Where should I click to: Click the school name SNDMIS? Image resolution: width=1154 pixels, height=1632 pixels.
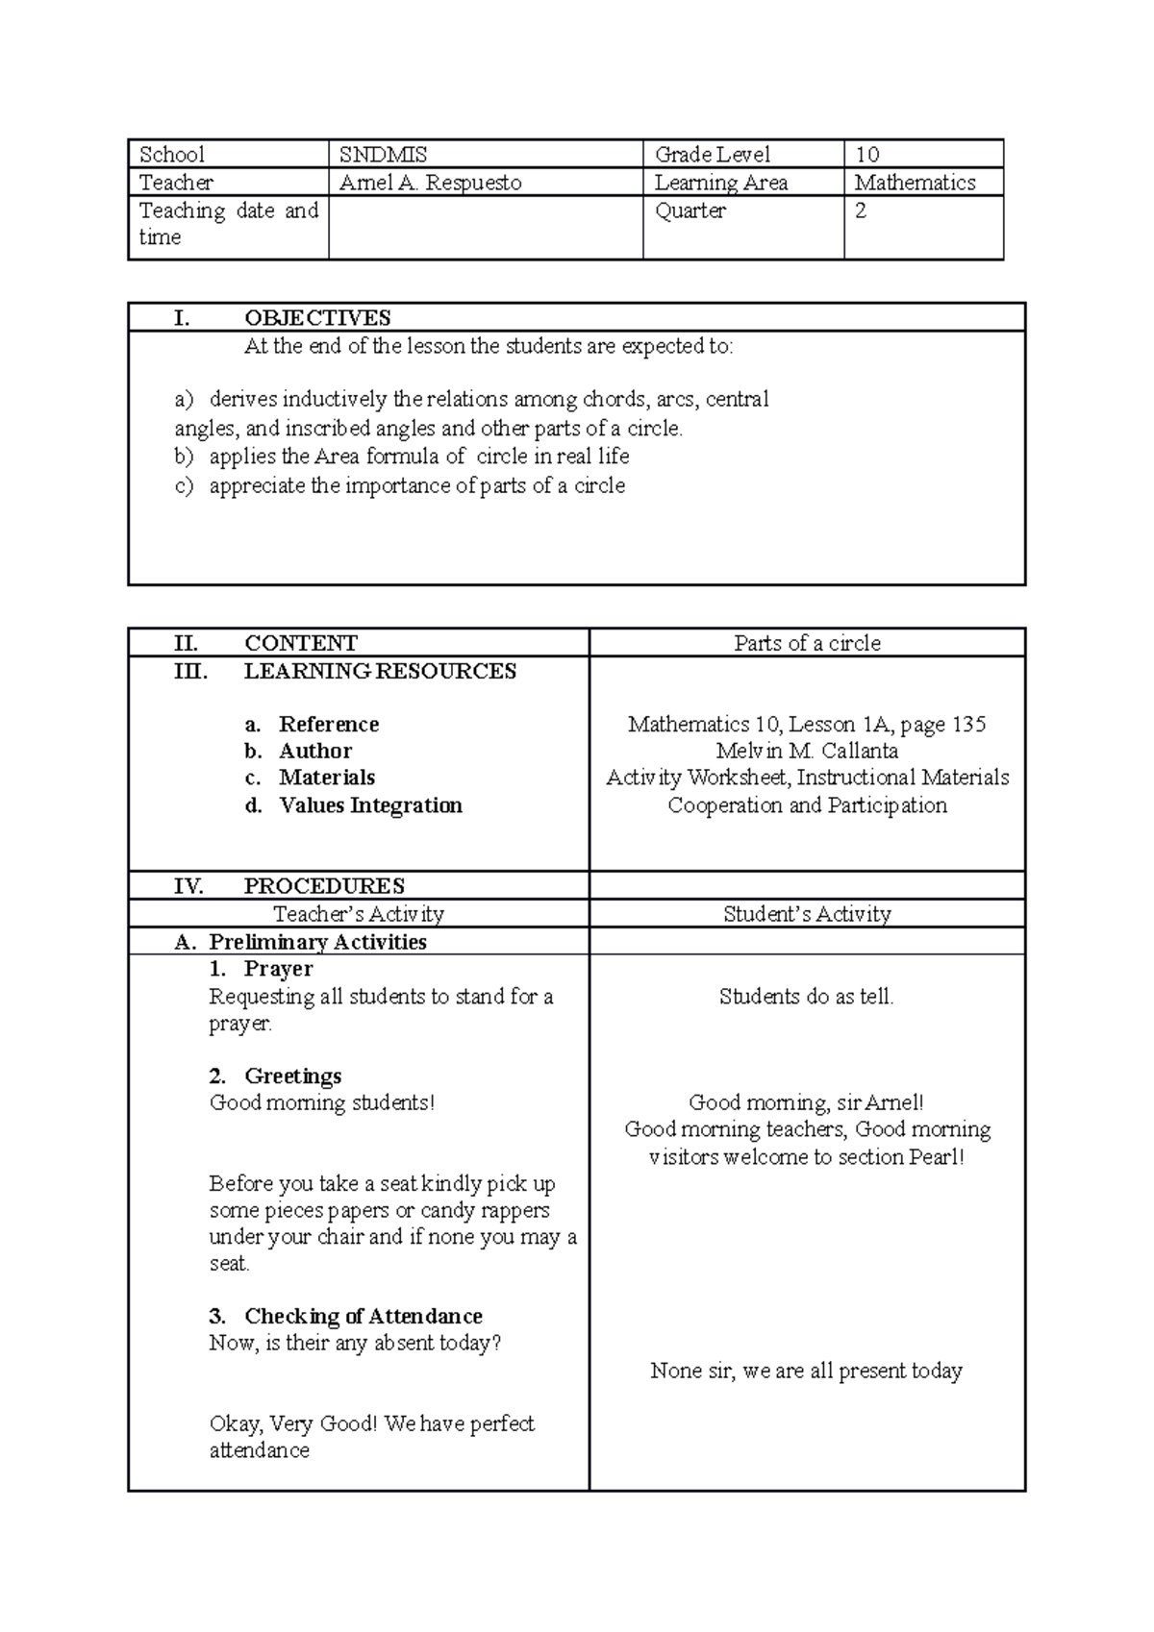click(383, 155)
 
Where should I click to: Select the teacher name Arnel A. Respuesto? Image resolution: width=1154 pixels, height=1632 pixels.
click(430, 183)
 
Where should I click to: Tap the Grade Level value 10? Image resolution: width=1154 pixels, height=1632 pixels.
click(866, 155)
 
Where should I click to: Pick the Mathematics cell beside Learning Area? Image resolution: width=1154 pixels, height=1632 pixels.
click(915, 183)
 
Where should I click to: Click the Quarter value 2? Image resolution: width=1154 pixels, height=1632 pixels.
click(861, 210)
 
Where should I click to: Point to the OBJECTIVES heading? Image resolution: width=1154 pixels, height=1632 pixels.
click(317, 318)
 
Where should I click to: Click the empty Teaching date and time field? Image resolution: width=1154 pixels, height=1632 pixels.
click(485, 227)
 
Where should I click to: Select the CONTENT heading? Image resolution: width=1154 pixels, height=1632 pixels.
click(300, 643)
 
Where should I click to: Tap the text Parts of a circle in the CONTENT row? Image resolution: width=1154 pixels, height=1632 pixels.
click(807, 643)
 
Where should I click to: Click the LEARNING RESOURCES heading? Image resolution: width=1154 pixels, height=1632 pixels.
click(380, 671)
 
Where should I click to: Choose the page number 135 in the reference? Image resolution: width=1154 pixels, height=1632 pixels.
click(968, 725)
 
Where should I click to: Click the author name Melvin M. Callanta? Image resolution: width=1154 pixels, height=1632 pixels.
click(807, 751)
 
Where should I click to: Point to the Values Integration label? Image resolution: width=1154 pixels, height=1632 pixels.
click(370, 805)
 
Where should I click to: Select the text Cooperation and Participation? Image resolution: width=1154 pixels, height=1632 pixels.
click(807, 805)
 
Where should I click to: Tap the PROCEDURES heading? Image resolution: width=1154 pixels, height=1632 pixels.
click(324, 886)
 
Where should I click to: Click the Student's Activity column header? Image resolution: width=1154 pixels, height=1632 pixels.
click(807, 914)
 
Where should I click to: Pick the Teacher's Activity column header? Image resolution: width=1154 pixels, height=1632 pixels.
click(359, 914)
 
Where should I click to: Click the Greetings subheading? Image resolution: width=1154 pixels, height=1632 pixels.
click(292, 1076)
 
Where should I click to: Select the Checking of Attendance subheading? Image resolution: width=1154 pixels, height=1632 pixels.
click(363, 1317)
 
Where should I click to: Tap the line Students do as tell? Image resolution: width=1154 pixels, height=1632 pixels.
click(806, 997)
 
